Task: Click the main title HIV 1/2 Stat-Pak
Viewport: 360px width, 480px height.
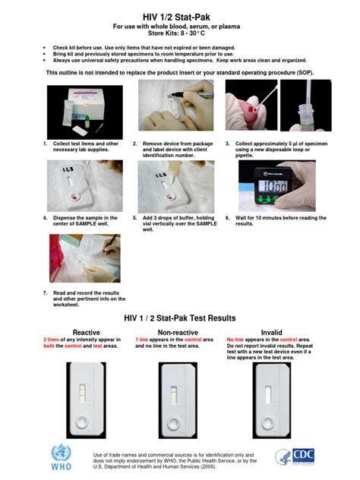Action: coord(179,16)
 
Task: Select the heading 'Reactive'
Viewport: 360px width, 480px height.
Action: coord(86,332)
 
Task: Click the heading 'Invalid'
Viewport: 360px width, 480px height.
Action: coord(271,332)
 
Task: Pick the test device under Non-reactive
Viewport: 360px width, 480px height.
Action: coord(178,395)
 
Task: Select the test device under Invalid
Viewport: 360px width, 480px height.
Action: coord(272,395)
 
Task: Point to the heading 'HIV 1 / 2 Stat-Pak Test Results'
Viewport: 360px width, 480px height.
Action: coord(179,317)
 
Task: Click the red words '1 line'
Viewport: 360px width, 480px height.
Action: coord(146,339)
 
